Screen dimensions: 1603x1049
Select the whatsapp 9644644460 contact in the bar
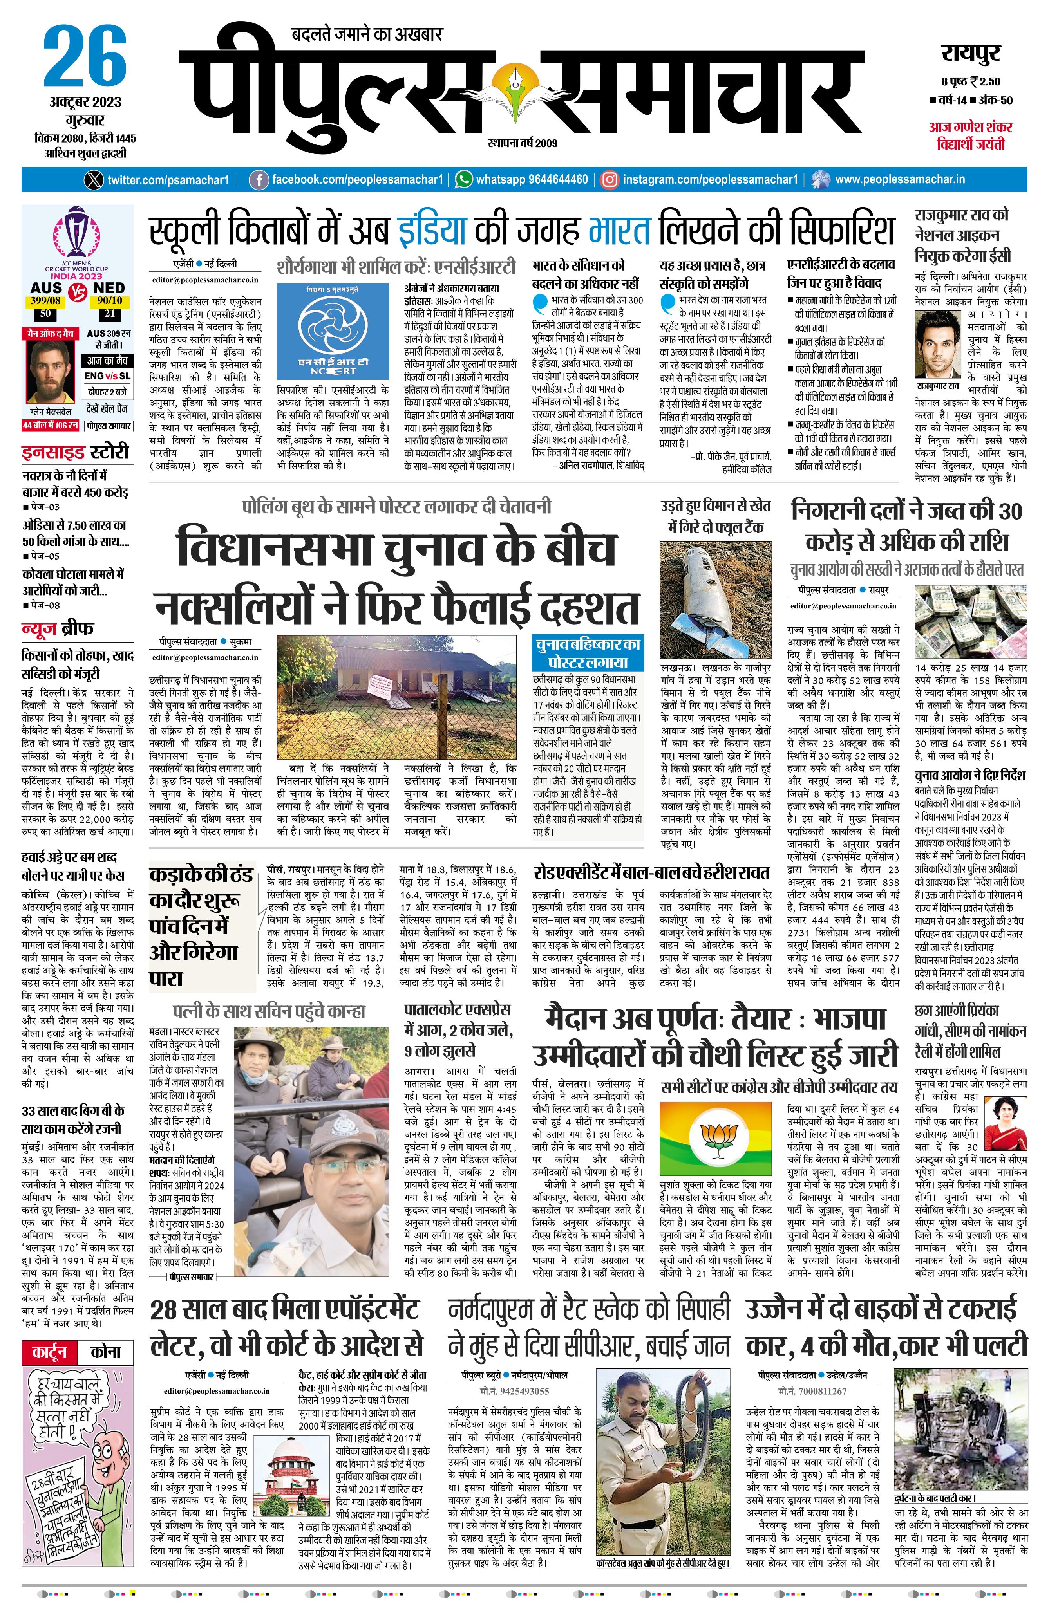522,180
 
